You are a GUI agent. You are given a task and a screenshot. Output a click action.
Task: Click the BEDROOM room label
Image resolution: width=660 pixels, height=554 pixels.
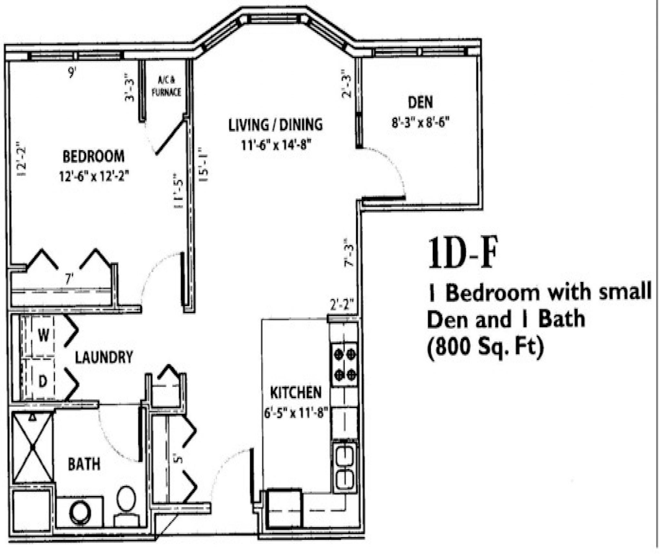click(93, 156)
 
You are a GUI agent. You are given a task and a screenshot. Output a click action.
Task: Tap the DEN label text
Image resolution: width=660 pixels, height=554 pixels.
click(420, 102)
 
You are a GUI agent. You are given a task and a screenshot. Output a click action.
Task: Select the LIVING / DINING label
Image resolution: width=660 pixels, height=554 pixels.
click(275, 125)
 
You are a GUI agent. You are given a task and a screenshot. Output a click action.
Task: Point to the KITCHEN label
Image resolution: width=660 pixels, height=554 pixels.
click(296, 393)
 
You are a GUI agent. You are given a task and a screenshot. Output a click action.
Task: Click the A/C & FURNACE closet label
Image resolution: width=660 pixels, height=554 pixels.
click(166, 86)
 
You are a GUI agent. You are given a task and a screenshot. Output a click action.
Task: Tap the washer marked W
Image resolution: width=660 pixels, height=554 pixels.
click(43, 336)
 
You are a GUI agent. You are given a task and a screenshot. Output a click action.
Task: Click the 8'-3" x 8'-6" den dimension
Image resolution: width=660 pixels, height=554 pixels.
click(420, 123)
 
